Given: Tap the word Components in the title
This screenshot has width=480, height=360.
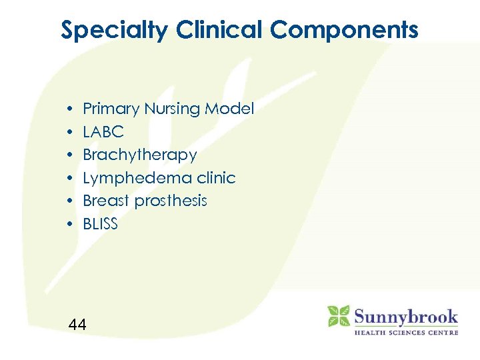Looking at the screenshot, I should (x=345, y=30).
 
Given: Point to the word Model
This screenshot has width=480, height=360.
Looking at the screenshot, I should (x=231, y=109).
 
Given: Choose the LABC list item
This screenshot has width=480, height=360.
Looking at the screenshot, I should (x=103, y=132).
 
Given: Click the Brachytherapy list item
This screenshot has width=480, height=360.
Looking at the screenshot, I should (x=140, y=155).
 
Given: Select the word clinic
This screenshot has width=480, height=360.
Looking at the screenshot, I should (x=215, y=178).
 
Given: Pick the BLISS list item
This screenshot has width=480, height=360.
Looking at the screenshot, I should (x=100, y=224).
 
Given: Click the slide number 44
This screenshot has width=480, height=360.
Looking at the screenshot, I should (x=77, y=325).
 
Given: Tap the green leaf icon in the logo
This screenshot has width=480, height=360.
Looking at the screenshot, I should (x=338, y=316).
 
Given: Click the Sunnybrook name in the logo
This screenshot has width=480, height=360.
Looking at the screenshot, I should (x=405, y=315).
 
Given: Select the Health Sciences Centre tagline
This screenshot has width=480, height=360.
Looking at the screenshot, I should (x=405, y=332).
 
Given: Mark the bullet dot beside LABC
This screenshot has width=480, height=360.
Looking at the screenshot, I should (x=69, y=132).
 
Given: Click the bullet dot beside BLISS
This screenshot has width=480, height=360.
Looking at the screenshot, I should (x=69, y=224).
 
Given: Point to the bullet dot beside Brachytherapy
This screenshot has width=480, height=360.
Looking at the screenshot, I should (x=69, y=155).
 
